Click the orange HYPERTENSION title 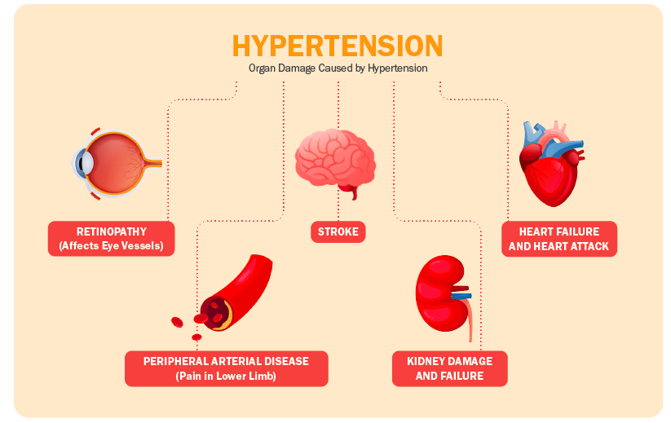pyautogui.click(x=338, y=46)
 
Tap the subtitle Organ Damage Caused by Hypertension pyautogui.click(x=338, y=68)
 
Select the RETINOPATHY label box pyautogui.click(x=111, y=239)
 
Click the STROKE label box pyautogui.click(x=338, y=231)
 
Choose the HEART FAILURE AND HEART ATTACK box pyautogui.click(x=559, y=239)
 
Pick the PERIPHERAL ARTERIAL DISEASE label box pyautogui.click(x=227, y=368)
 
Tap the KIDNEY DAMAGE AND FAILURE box pyautogui.click(x=450, y=368)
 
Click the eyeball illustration pyautogui.click(x=116, y=163)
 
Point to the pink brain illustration pyautogui.click(x=336, y=161)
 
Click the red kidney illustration pyautogui.click(x=441, y=293)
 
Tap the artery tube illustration pyautogui.click(x=236, y=292)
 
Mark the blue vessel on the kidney pyautogui.click(x=462, y=296)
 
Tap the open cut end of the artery pyautogui.click(x=217, y=314)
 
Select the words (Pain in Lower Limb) pyautogui.click(x=226, y=377)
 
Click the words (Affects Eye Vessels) pyautogui.click(x=111, y=246)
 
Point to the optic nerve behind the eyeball pyautogui.click(x=153, y=162)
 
